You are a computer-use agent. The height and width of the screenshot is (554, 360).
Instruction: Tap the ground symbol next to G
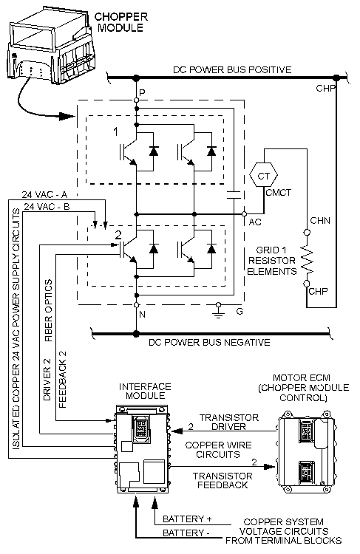218,309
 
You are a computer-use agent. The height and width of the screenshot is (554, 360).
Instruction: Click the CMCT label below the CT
278,194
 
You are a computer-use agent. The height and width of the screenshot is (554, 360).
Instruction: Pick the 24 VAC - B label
47,207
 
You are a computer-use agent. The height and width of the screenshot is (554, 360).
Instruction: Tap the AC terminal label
254,222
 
